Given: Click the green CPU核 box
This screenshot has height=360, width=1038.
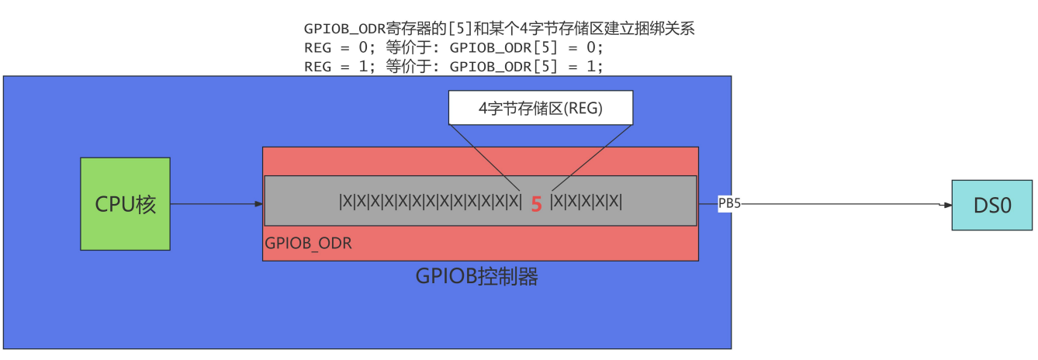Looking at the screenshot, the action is pyautogui.click(x=125, y=204).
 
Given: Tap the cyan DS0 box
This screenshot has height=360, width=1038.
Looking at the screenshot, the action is pyautogui.click(x=993, y=205).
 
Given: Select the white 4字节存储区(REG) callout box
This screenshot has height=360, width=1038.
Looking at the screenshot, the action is pyautogui.click(x=541, y=108).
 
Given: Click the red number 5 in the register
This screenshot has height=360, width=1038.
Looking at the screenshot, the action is pyautogui.click(x=536, y=205).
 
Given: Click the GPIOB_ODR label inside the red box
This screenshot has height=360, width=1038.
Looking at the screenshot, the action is pyautogui.click(x=309, y=243).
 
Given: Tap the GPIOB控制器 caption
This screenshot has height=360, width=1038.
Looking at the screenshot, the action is pyautogui.click(x=476, y=276).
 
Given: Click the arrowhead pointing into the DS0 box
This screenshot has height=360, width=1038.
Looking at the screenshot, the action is pyautogui.click(x=947, y=205).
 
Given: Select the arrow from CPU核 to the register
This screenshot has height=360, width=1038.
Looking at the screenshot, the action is pyautogui.click(x=216, y=204).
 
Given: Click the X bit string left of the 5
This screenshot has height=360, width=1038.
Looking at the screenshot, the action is pyautogui.click(x=431, y=202).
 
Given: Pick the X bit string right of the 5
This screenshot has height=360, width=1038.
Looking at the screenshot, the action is pyautogui.click(x=586, y=202).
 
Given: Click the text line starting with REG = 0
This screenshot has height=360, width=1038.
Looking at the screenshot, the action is pyautogui.click(x=454, y=48).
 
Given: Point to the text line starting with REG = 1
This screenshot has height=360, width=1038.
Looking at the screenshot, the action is pyautogui.click(x=454, y=66).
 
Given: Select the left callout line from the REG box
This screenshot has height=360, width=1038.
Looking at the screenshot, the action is pyautogui.click(x=486, y=158).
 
